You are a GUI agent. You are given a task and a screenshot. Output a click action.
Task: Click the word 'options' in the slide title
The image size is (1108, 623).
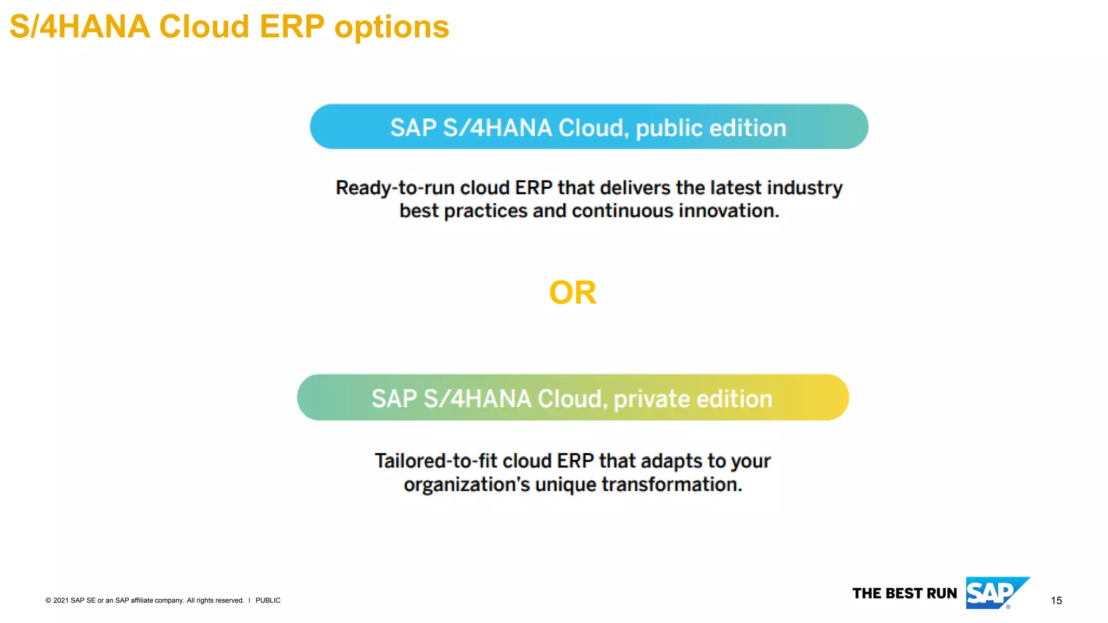point(392,27)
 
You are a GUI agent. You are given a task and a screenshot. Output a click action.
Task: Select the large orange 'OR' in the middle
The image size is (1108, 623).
point(572,293)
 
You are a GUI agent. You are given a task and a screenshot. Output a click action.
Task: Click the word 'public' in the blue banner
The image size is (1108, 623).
point(669,129)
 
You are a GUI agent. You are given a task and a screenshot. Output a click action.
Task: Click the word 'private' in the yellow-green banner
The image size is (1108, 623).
point(651,399)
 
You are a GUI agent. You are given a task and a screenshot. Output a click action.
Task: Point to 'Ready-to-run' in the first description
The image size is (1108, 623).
point(394,188)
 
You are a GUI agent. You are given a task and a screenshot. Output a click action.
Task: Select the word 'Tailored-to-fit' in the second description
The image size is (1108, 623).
point(435,461)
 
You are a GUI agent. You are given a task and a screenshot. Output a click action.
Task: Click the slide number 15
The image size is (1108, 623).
point(1056,600)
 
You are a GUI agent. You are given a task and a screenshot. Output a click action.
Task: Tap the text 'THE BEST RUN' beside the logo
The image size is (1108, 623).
point(905,593)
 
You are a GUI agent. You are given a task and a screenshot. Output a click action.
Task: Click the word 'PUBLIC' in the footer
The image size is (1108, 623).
point(268,600)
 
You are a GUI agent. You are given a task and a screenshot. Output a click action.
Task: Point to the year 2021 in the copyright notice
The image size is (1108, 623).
point(61,600)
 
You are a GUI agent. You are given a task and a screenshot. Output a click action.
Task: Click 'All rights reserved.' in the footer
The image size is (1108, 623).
point(215,600)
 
